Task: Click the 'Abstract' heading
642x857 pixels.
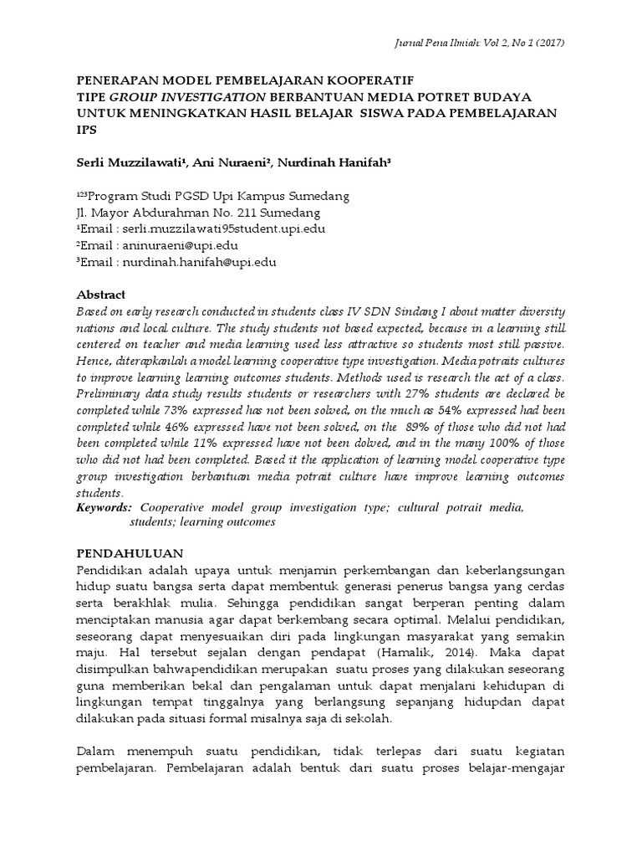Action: (101, 295)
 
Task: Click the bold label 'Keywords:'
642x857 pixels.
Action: (104, 508)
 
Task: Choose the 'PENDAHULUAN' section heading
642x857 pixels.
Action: (129, 554)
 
